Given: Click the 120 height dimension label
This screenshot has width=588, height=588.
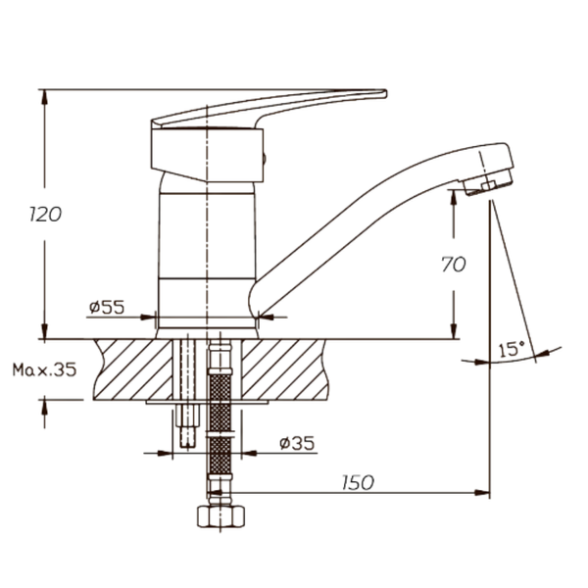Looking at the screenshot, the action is click(x=45, y=214).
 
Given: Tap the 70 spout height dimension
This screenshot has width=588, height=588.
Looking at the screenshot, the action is click(x=454, y=264).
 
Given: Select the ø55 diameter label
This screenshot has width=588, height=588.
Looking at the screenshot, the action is click(x=107, y=307).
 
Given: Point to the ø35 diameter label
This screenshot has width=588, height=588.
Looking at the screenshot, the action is click(x=297, y=443).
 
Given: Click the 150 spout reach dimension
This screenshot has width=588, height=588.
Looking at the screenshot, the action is click(x=358, y=482).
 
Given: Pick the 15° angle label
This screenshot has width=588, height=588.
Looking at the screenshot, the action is click(x=512, y=350).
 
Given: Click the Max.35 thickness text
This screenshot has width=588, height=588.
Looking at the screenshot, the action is click(x=45, y=369).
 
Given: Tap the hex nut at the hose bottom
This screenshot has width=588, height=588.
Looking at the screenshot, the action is click(x=220, y=516).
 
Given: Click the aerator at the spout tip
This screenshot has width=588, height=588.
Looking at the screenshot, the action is click(x=488, y=182).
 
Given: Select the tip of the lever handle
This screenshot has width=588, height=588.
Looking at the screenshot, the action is click(x=385, y=93).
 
